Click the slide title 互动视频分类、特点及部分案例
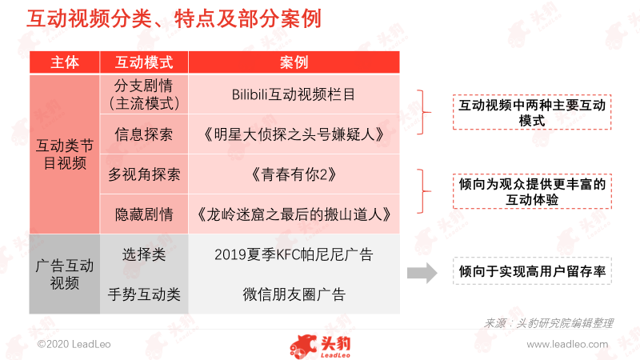click(x=174, y=18)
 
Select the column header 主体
click(x=65, y=62)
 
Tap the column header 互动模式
click(x=144, y=62)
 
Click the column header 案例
click(x=294, y=62)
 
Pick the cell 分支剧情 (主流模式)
click(x=144, y=94)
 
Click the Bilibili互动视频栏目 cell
click(x=294, y=94)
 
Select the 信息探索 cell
click(x=144, y=134)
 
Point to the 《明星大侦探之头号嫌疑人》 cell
click(x=294, y=134)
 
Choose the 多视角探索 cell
click(x=144, y=174)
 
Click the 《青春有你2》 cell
click(x=294, y=174)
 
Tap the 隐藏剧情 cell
click(x=144, y=214)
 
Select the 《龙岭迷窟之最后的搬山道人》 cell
click(x=294, y=214)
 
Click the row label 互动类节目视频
click(x=65, y=154)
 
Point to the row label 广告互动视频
click(x=65, y=274)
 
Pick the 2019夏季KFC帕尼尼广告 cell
click(x=294, y=254)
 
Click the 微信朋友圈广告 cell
click(x=294, y=294)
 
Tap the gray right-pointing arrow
click(x=422, y=273)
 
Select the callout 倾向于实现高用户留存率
click(x=532, y=271)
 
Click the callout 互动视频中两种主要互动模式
click(x=532, y=113)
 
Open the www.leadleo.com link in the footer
click(x=567, y=345)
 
